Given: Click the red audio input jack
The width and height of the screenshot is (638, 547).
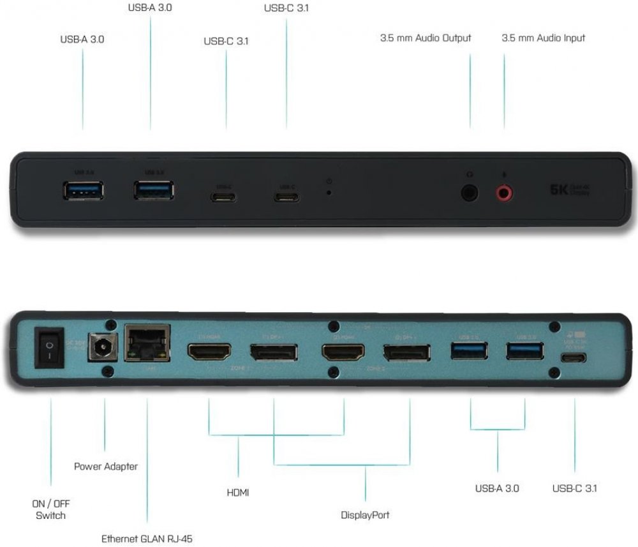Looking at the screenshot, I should point(505,192).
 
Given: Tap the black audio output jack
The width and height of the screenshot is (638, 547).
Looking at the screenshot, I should point(470,192).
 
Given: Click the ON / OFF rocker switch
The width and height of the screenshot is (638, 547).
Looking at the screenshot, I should point(49,348).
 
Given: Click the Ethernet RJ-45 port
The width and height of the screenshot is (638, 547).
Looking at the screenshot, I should point(147,345).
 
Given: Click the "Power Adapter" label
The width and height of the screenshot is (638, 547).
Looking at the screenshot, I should point(106,467).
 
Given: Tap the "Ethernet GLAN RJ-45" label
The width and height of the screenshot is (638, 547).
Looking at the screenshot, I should point(147,539).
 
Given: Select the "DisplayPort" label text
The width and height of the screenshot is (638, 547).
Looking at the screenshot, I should point(365,514).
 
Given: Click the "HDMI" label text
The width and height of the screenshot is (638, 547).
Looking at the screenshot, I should point(238,492).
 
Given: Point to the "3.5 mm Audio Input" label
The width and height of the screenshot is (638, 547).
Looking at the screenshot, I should point(543,38).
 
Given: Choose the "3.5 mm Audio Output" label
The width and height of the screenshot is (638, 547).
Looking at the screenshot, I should point(426,38).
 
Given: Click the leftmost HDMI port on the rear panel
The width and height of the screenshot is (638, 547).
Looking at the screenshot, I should point(209,350).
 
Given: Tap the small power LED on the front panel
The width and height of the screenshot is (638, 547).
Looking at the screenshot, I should point(329,191).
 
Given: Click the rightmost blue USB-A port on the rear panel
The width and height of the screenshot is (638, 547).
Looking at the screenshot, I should point(524,351).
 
